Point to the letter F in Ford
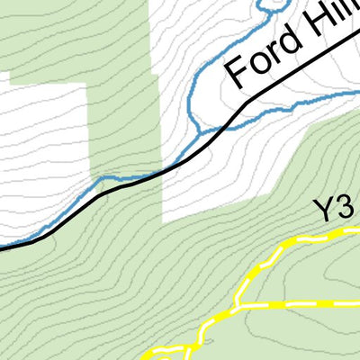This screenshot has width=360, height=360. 237,76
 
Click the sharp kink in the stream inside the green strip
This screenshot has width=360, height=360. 101,177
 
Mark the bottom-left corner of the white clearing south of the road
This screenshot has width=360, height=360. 161,223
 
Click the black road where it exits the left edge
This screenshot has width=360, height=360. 3,247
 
